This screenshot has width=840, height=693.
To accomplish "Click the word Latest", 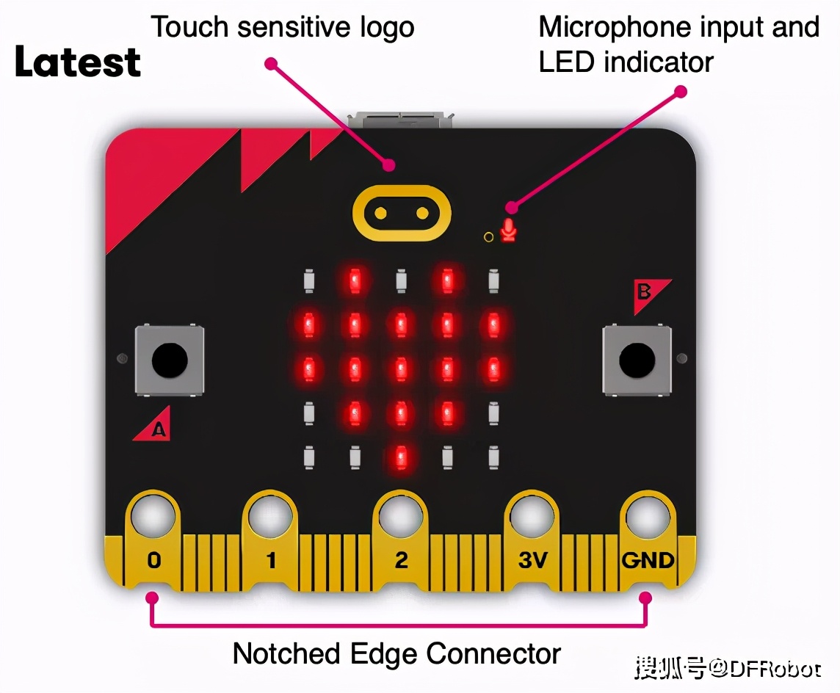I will tap(78, 62).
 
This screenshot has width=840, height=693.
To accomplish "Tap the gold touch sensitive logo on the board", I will tap(401, 214).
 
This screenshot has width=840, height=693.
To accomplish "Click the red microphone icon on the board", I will tap(508, 231).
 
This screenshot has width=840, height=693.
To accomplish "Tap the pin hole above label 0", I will tap(153, 517).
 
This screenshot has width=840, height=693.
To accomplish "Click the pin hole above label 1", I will tap(269, 517).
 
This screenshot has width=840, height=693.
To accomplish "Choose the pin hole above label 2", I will tap(400, 517).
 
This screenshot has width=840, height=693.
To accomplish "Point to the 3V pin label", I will tap(532, 560).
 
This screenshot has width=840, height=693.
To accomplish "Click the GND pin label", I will tap(648, 560).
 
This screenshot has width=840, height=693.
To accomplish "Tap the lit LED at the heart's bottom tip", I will tap(401, 458).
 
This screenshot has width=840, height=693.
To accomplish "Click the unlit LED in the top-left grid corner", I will tap(309, 280).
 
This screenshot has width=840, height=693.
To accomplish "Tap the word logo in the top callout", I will tap(387, 28).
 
